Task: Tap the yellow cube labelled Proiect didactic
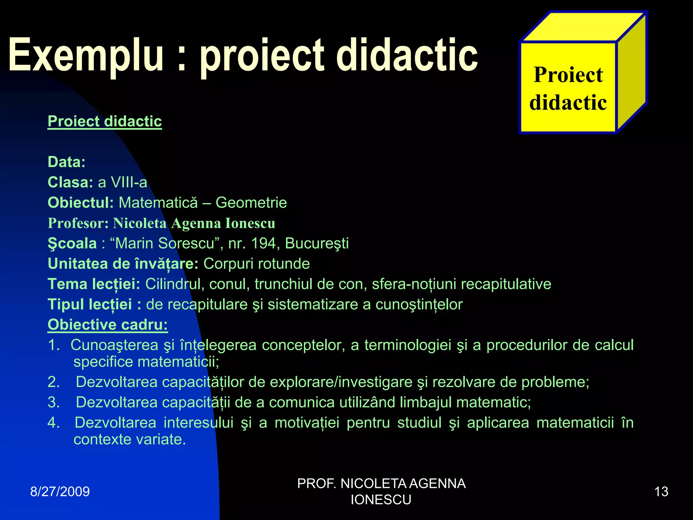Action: point(568,88)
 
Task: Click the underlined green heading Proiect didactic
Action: point(105,122)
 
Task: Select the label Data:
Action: point(67,162)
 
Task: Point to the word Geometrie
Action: point(251,203)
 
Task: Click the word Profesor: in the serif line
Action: point(78,223)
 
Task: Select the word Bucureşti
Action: point(317,243)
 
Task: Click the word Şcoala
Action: point(72,243)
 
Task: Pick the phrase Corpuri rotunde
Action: point(256,264)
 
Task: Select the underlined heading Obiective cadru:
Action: point(108,325)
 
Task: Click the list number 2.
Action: point(53,382)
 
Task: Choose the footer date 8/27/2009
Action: point(60,492)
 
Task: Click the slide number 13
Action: point(661,492)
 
